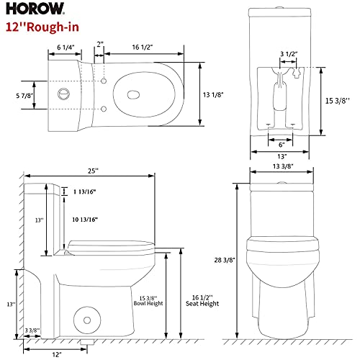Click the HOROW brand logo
(35, 9)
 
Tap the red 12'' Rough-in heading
(42, 27)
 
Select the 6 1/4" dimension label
(66, 48)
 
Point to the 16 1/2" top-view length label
(143, 47)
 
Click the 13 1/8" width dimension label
(213, 95)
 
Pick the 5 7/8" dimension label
(24, 96)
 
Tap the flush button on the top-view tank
(64, 94)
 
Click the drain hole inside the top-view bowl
(133, 94)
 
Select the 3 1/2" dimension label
(289, 54)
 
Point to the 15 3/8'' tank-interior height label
(337, 101)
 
